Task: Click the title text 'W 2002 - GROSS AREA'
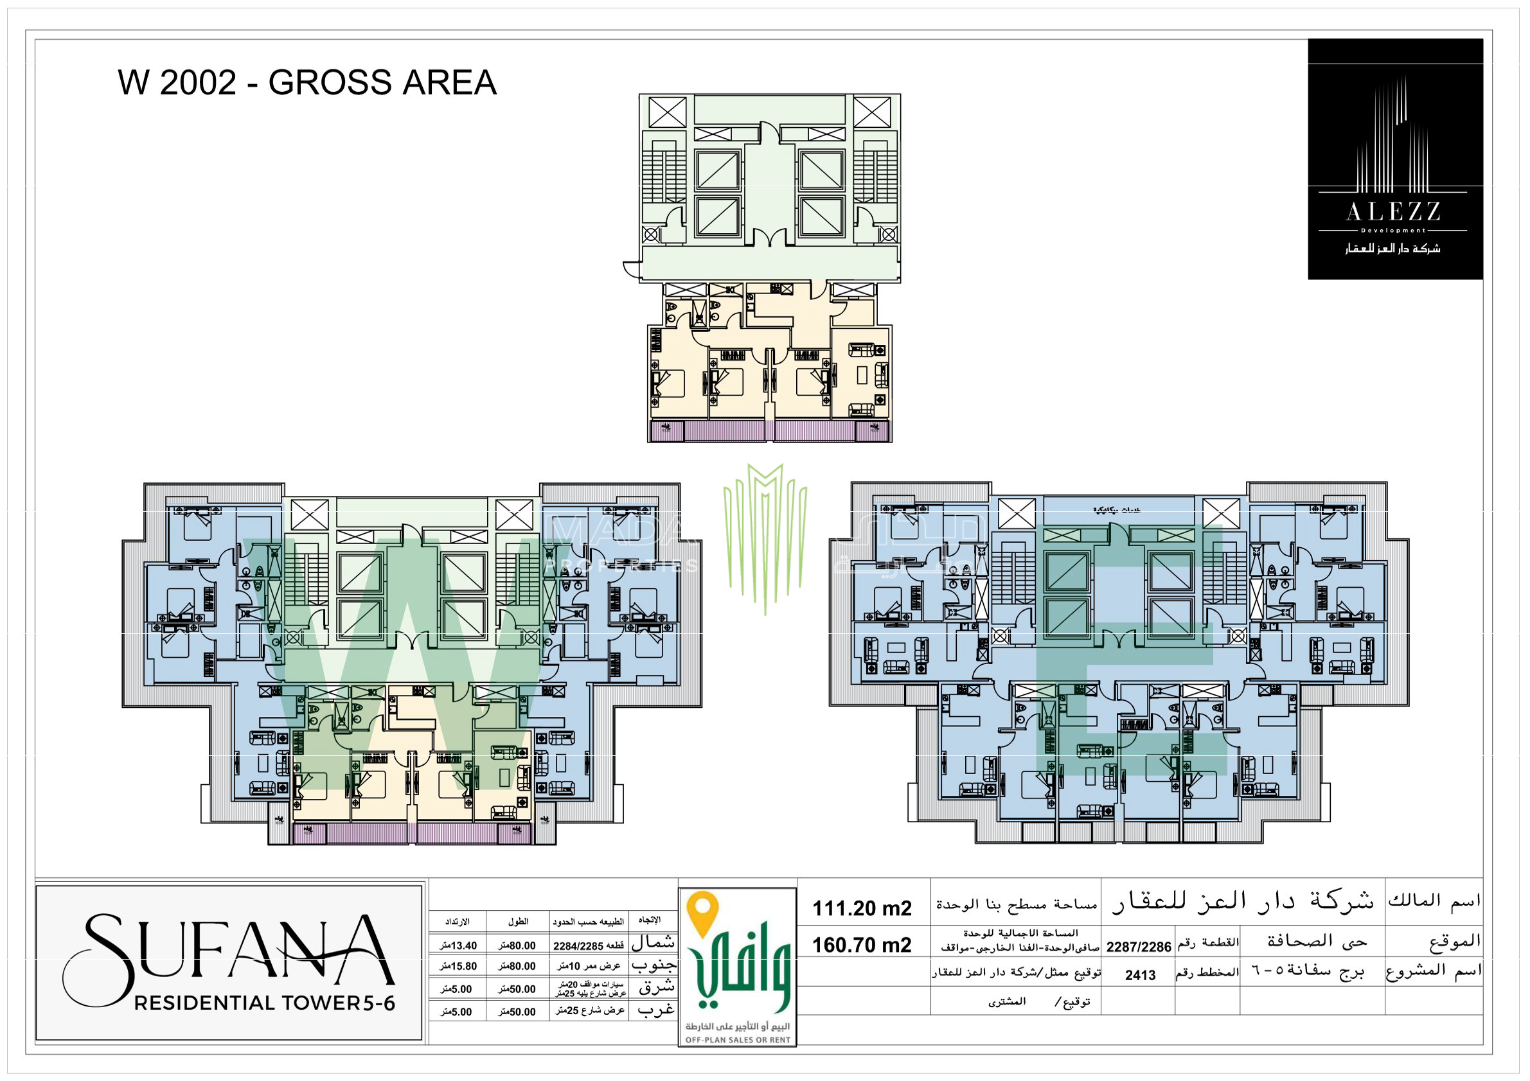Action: tap(307, 83)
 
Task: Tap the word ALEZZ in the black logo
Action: tap(1393, 213)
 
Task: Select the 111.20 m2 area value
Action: tap(862, 908)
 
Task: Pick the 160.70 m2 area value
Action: tap(862, 945)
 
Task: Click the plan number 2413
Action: tap(1140, 976)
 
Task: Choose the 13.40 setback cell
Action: tap(458, 945)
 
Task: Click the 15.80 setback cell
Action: tap(458, 966)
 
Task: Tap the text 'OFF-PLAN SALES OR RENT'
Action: tap(738, 1040)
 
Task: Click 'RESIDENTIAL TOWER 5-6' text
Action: tap(265, 1003)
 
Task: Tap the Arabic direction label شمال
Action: tap(653, 942)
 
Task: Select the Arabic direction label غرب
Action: tap(655, 1010)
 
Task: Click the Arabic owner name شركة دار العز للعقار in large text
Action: tap(1243, 901)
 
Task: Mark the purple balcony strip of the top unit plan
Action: tap(770, 431)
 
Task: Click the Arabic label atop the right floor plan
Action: tap(1116, 510)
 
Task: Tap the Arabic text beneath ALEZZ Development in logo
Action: tap(1392, 249)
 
